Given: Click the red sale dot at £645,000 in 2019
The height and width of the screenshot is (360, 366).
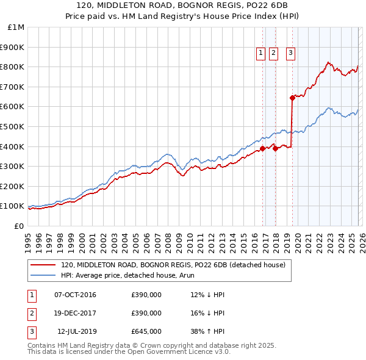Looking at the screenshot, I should tap(293, 97).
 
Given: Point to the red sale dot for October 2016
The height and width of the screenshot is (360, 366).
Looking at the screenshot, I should tap(262, 148).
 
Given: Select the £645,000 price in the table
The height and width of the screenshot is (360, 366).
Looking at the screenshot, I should tap(146, 331).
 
